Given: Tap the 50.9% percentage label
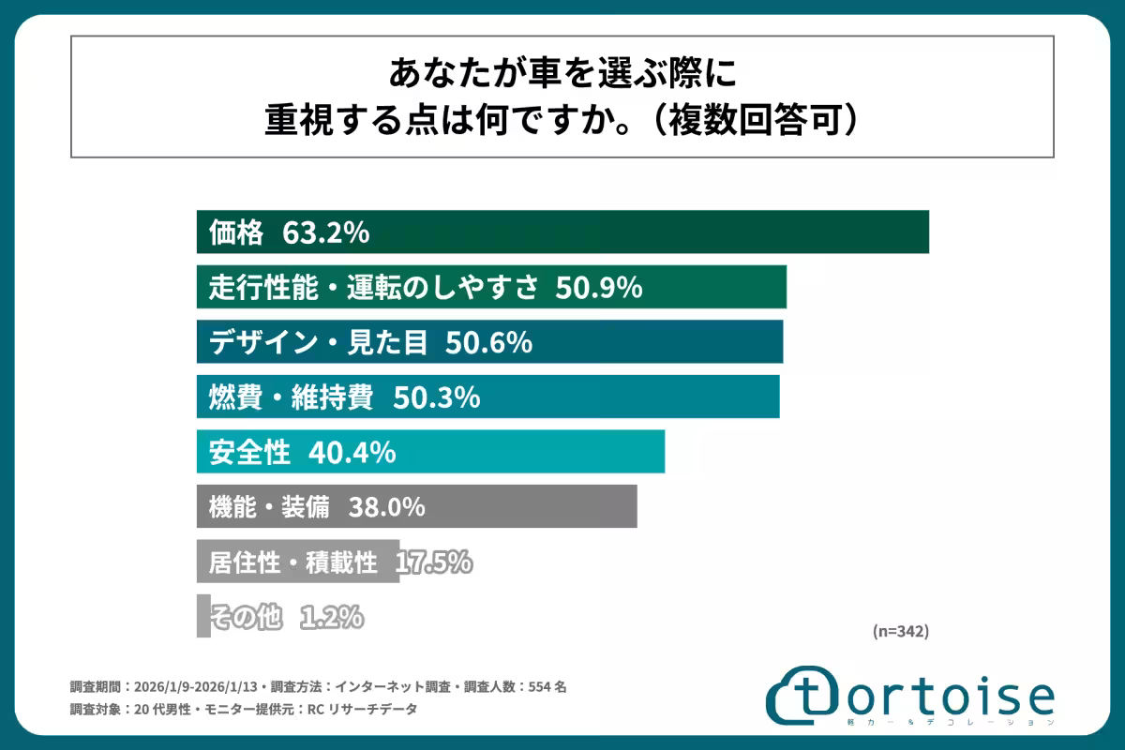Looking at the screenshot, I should (x=598, y=288).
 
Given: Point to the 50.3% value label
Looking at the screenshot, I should (x=437, y=397).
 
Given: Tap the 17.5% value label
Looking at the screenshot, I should (x=433, y=562).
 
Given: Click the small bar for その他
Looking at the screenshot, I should (x=203, y=617).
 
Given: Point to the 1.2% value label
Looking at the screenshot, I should (x=331, y=617).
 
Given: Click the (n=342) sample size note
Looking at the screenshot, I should (x=900, y=632).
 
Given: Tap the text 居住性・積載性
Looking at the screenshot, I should (x=292, y=562).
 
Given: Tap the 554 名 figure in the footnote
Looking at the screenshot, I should (x=548, y=686).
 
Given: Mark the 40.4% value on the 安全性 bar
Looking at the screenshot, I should (x=352, y=453).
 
